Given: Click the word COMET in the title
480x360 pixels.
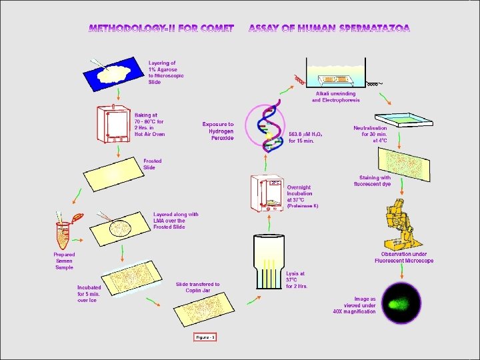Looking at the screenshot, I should pos(213,29).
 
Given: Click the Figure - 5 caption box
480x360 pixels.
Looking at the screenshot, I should pos(205,337).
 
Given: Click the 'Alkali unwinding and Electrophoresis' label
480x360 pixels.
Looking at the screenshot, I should pos(336,97).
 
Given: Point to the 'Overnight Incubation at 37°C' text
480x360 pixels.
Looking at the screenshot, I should pos(304,193).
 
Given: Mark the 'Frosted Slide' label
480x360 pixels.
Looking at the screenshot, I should pos(153,164).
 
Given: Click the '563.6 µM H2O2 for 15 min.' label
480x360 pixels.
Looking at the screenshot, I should pos(306,137).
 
